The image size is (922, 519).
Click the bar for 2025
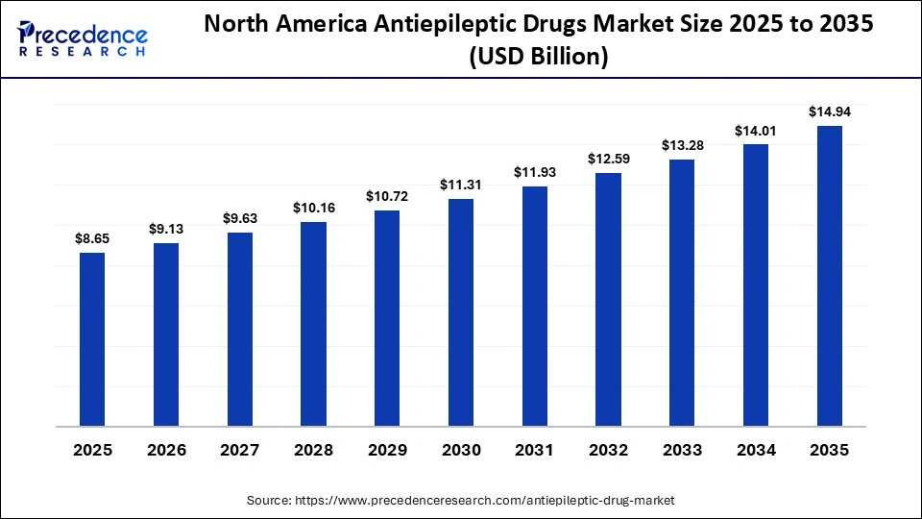92,338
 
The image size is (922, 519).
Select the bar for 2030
461,311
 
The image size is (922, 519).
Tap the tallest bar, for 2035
830,275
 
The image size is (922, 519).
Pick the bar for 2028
313,323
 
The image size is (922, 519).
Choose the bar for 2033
682,292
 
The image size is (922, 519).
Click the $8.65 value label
92,236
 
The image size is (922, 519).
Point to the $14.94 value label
830,111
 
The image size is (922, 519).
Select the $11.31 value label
461,184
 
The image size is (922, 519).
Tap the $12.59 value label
608,158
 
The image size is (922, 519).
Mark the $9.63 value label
239,218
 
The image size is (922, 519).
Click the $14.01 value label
756,130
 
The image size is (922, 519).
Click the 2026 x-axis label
165,451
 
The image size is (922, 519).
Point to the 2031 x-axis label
534,451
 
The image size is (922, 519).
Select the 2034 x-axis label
756,451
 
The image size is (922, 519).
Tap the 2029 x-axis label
387,451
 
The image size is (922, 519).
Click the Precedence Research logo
83,38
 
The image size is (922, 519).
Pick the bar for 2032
608,299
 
